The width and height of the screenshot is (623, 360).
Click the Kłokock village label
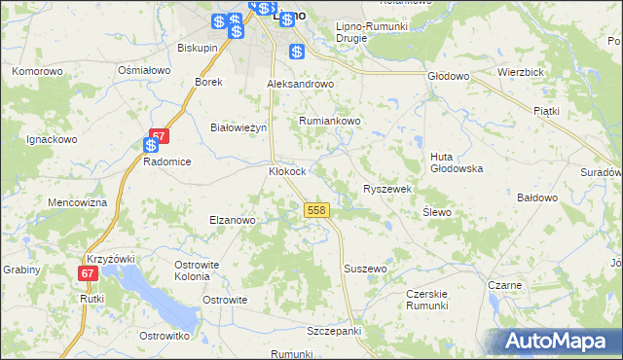point(287,171)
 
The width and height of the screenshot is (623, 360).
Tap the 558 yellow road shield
point(315,210)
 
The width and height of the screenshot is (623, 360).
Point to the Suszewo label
point(366,268)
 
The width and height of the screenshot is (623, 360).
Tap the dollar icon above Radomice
point(151,146)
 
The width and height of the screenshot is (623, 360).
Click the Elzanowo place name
point(232,220)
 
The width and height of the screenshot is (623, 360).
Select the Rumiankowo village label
point(330,121)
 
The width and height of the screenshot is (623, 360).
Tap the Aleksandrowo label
point(301,84)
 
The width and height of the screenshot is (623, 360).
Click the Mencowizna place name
point(77,202)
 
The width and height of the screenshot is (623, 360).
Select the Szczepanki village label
point(334,331)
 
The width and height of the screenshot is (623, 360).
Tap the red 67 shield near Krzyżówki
point(89,274)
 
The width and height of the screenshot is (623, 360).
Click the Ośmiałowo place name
point(144,71)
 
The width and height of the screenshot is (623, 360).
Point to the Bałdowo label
point(536,198)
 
